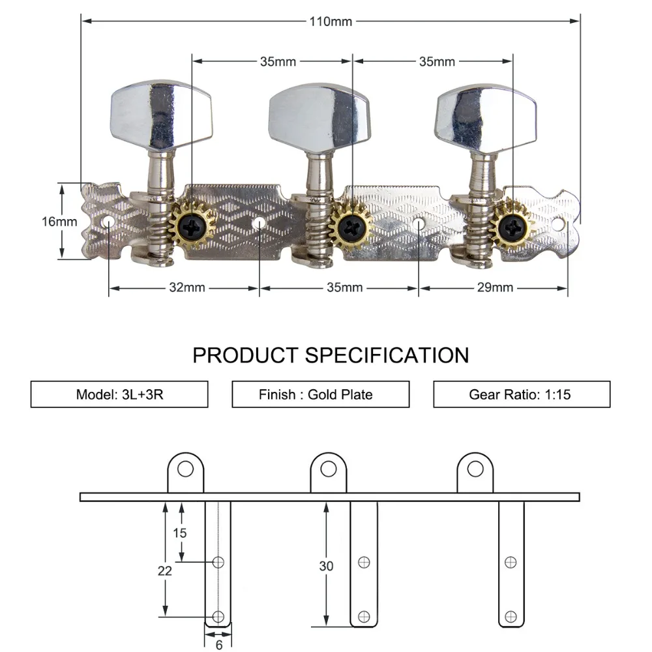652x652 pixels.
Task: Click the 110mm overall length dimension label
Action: [331, 22]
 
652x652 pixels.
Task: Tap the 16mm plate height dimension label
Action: [59, 221]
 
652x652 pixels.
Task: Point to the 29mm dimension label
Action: [494, 287]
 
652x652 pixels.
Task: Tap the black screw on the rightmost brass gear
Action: [512, 226]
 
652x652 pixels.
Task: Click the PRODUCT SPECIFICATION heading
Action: [331, 355]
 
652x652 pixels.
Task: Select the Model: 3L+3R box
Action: [119, 394]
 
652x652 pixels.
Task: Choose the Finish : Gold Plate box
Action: [321, 394]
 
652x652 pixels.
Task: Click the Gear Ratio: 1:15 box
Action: [522, 394]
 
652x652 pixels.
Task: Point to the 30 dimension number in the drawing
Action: [326, 566]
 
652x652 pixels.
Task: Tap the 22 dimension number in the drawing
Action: [165, 570]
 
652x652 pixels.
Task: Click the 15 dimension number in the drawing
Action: [180, 533]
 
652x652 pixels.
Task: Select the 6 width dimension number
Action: [219, 644]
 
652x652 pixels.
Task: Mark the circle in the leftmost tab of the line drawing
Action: [186, 469]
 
